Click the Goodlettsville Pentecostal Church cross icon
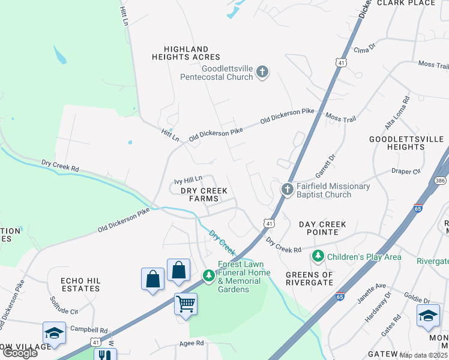pyautogui.click(x=262, y=72)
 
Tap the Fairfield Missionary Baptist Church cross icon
pyautogui.click(x=287, y=190)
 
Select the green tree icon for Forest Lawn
pyautogui.click(x=208, y=276)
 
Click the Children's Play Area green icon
pyautogui.click(x=318, y=257)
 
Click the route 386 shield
pyautogui.click(x=441, y=179)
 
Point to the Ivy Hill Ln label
pyautogui.click(x=188, y=179)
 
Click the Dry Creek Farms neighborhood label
pyautogui.click(x=204, y=194)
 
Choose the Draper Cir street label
pyautogui.click(x=406, y=171)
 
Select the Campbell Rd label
pyautogui.click(x=88, y=329)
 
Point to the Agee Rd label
pyautogui.click(x=192, y=343)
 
